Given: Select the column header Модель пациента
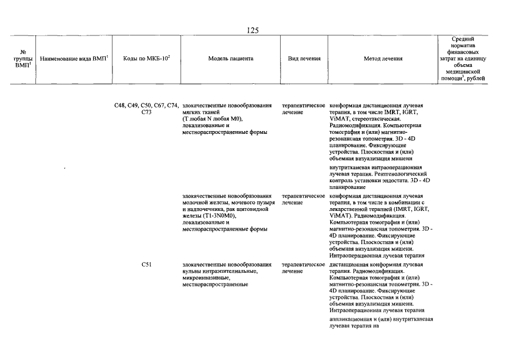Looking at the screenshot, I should tap(231, 58).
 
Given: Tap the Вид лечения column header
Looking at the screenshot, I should tap(304, 58).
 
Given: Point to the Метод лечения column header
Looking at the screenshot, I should tap(383, 58).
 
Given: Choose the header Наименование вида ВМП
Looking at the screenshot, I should tap(74, 58).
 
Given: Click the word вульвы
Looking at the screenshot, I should tap(192, 271).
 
